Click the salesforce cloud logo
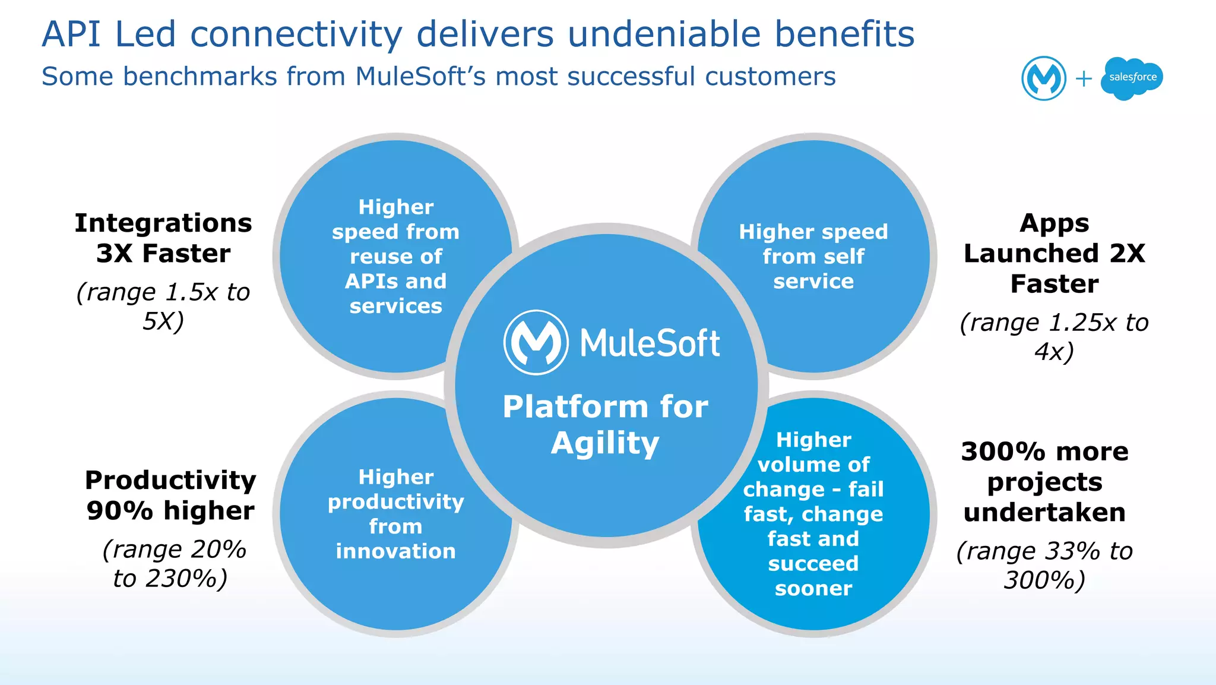coord(1132,78)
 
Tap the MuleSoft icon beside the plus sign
coord(1043,78)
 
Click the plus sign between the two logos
coord(1084,78)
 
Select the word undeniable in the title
coord(664,34)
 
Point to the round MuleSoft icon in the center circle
coord(536,342)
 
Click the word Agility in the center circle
coord(605,444)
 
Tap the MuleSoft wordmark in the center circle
coord(650,343)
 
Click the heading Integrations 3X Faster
coord(163,238)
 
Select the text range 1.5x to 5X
coord(163,307)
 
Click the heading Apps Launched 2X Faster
coord(1054,254)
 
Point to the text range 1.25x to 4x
coord(1054,337)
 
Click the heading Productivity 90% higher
coord(170,495)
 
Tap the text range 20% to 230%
coord(172,564)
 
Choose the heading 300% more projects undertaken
coord(1044,482)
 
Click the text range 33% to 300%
coord(1044,566)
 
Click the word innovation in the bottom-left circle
coord(395,551)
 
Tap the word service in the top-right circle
coord(813,281)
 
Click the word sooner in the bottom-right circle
coord(813,588)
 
